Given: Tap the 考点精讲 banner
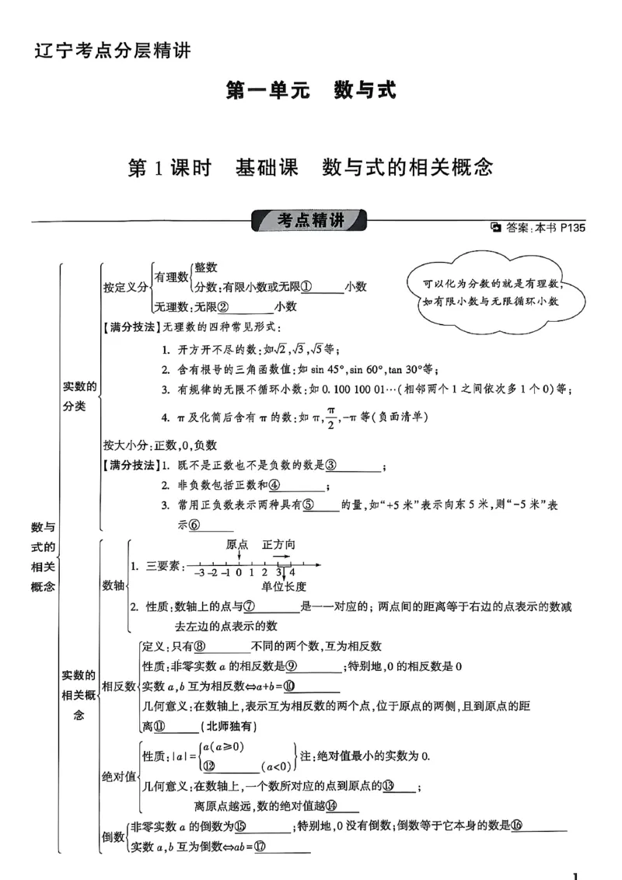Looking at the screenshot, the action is (311, 221).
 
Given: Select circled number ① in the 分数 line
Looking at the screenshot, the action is (307, 286).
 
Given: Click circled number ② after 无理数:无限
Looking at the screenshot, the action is (222, 306).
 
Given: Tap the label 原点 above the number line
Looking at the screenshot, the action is (238, 544).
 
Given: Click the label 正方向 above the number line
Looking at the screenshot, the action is (278, 544).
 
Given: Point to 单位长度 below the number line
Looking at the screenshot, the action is (284, 586).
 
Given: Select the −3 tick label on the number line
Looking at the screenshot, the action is (199, 572).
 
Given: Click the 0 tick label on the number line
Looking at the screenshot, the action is (239, 572).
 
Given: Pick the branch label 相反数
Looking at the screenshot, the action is (120, 686).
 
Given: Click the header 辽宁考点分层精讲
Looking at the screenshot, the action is (113, 52).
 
